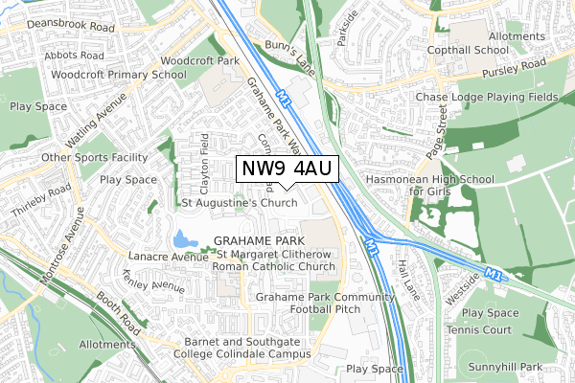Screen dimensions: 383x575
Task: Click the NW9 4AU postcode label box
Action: click(x=286, y=169)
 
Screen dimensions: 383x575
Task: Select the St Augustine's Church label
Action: click(x=240, y=203)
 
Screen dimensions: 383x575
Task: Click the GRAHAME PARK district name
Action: click(x=258, y=239)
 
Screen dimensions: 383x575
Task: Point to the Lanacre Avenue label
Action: click(x=169, y=257)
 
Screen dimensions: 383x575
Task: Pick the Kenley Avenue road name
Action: click(x=153, y=285)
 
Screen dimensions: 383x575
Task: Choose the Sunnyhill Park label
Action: click(x=513, y=367)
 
